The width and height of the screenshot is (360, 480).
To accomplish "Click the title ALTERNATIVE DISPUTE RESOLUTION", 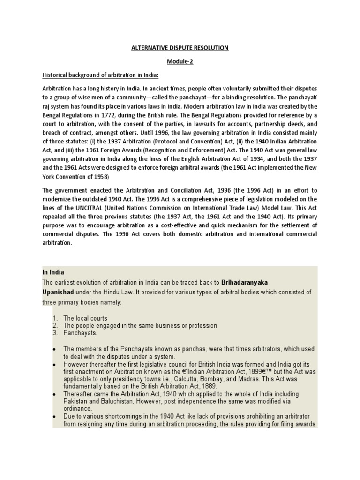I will pyautogui.click(x=180, y=48).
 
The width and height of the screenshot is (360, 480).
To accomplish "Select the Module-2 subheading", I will pyautogui.click(x=180, y=61).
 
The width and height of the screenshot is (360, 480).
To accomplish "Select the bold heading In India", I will pyautogui.click(x=53, y=272).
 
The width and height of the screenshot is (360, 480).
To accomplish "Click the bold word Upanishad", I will pyautogui.click(x=60, y=292).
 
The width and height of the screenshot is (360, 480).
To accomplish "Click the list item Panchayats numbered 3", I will pyautogui.click(x=80, y=332).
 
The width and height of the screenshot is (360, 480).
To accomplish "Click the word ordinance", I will pyautogui.click(x=78, y=408).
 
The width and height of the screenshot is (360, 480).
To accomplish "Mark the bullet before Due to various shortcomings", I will pyautogui.click(x=55, y=416).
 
